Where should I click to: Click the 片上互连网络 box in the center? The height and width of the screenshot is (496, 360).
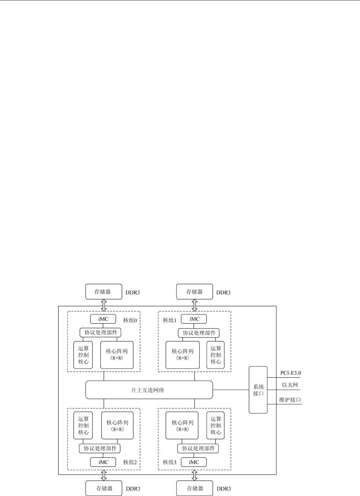pyautogui.click(x=149, y=390)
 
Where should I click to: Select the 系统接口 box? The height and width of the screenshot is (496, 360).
pyautogui.click(x=258, y=390)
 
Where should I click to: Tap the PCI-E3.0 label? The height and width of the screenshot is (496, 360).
pyautogui.click(x=291, y=373)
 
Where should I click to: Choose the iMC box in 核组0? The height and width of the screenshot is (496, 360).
pyautogui.click(x=103, y=319)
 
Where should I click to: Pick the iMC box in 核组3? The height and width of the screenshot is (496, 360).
pyautogui.click(x=194, y=462)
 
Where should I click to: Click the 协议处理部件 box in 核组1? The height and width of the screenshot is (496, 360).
pyautogui.click(x=198, y=333)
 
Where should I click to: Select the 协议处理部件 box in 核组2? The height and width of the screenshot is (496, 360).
pyautogui.click(x=100, y=448)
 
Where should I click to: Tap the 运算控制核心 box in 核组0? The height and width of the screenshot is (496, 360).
pyautogui.click(x=83, y=355)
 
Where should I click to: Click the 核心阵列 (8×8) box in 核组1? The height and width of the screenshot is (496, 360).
pyautogui.click(x=182, y=355)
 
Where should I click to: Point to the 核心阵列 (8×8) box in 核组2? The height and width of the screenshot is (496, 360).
pyautogui.click(x=117, y=426)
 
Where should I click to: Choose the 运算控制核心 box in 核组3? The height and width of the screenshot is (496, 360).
pyautogui.click(x=216, y=426)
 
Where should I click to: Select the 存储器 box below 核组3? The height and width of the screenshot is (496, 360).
pyautogui.click(x=194, y=488)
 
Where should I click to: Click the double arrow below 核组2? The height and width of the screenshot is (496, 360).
pyautogui.click(x=104, y=475)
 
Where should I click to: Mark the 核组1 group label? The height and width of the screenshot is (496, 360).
pyautogui.click(x=169, y=320)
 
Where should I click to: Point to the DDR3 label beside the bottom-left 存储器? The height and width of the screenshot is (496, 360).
pyautogui.click(x=133, y=489)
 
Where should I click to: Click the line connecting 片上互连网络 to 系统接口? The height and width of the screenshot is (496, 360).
pyautogui.click(x=231, y=390)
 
